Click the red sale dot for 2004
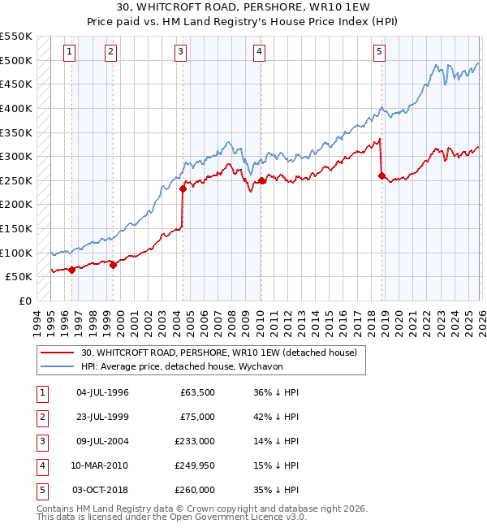183,189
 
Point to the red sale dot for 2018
381,175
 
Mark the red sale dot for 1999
113,265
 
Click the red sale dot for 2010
261,180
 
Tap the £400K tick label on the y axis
17,108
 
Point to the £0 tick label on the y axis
25,301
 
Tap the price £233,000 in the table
195,441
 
